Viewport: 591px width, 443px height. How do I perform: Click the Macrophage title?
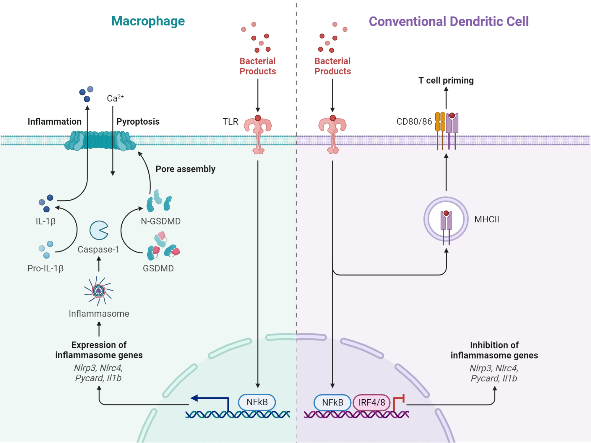(x=148, y=21)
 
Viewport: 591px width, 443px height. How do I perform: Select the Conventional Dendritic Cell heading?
(x=448, y=22)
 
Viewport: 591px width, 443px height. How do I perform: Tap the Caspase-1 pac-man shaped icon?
(x=99, y=230)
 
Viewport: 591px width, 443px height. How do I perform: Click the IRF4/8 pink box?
(x=371, y=403)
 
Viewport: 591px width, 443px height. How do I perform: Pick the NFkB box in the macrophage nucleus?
(x=257, y=402)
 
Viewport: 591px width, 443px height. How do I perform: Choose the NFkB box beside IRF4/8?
(x=332, y=403)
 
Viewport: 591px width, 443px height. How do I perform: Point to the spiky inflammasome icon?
(x=98, y=291)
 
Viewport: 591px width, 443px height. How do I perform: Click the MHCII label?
(x=486, y=219)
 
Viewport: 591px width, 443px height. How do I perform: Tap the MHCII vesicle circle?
(x=446, y=219)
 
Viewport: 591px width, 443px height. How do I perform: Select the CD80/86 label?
(x=414, y=121)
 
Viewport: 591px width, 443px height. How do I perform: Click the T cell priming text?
(x=446, y=80)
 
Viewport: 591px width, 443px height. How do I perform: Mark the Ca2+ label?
(x=115, y=98)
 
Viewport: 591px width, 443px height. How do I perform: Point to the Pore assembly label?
(x=185, y=169)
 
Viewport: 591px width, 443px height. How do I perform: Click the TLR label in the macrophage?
(x=230, y=121)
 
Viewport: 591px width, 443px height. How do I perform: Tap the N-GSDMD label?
(x=160, y=221)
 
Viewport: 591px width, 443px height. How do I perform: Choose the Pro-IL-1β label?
(x=46, y=268)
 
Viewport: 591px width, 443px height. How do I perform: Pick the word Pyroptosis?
(x=138, y=121)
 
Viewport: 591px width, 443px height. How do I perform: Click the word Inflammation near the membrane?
(x=54, y=121)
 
